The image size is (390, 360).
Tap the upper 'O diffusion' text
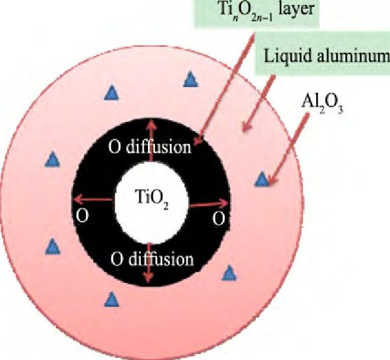150,147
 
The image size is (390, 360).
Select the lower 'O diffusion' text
152,259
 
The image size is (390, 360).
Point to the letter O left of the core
82,215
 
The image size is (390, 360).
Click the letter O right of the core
219,218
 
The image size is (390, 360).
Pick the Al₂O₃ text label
322,104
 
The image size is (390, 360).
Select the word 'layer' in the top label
296,10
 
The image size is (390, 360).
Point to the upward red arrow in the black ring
151,141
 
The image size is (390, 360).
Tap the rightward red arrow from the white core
209,204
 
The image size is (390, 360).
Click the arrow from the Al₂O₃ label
288,149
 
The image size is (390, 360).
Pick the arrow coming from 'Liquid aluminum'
258,104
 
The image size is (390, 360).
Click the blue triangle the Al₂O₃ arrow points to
262,180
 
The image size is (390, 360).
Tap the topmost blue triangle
191,80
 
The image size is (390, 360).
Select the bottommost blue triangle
112,300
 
